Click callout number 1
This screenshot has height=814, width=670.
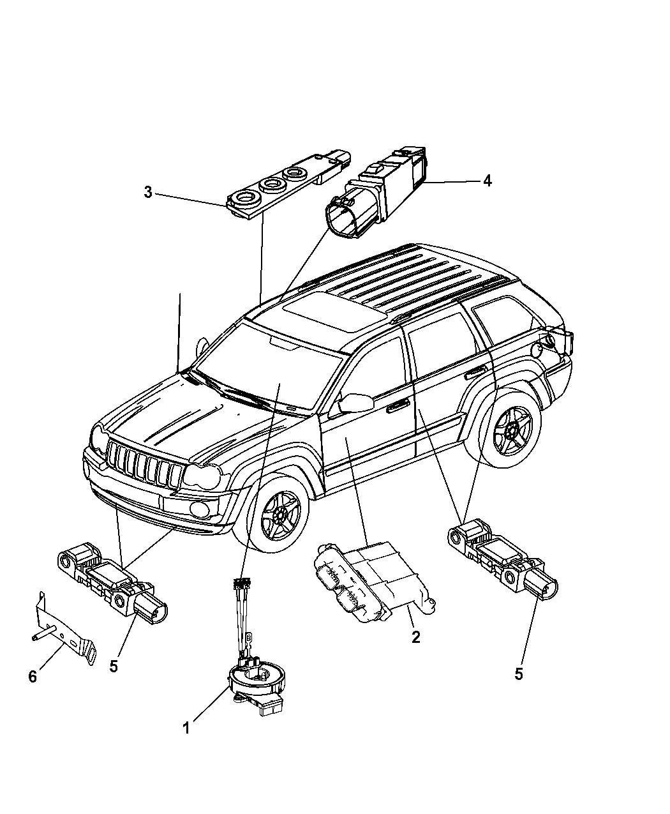click(186, 727)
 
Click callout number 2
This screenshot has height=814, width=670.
click(416, 637)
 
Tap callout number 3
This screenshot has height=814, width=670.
click(148, 192)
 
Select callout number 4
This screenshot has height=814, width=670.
click(488, 181)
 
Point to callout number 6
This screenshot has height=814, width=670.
click(33, 677)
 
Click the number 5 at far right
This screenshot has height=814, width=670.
click(518, 674)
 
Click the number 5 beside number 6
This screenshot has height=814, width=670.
click(114, 667)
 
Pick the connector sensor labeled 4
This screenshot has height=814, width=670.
click(376, 192)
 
